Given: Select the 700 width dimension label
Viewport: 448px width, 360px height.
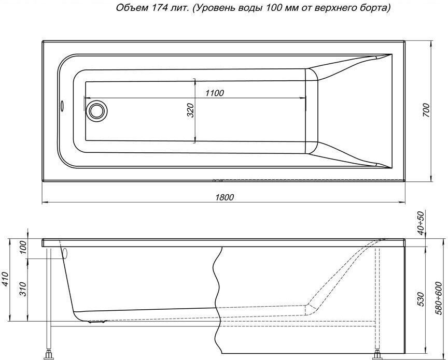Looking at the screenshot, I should click(426, 111).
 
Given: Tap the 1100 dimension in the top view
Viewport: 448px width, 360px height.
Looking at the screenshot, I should click(214, 93).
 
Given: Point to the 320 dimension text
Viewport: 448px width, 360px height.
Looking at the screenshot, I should click(190, 110).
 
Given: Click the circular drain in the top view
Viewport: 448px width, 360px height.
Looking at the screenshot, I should click(96, 110).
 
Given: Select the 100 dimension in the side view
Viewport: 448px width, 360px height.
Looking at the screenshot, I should click(23, 247).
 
